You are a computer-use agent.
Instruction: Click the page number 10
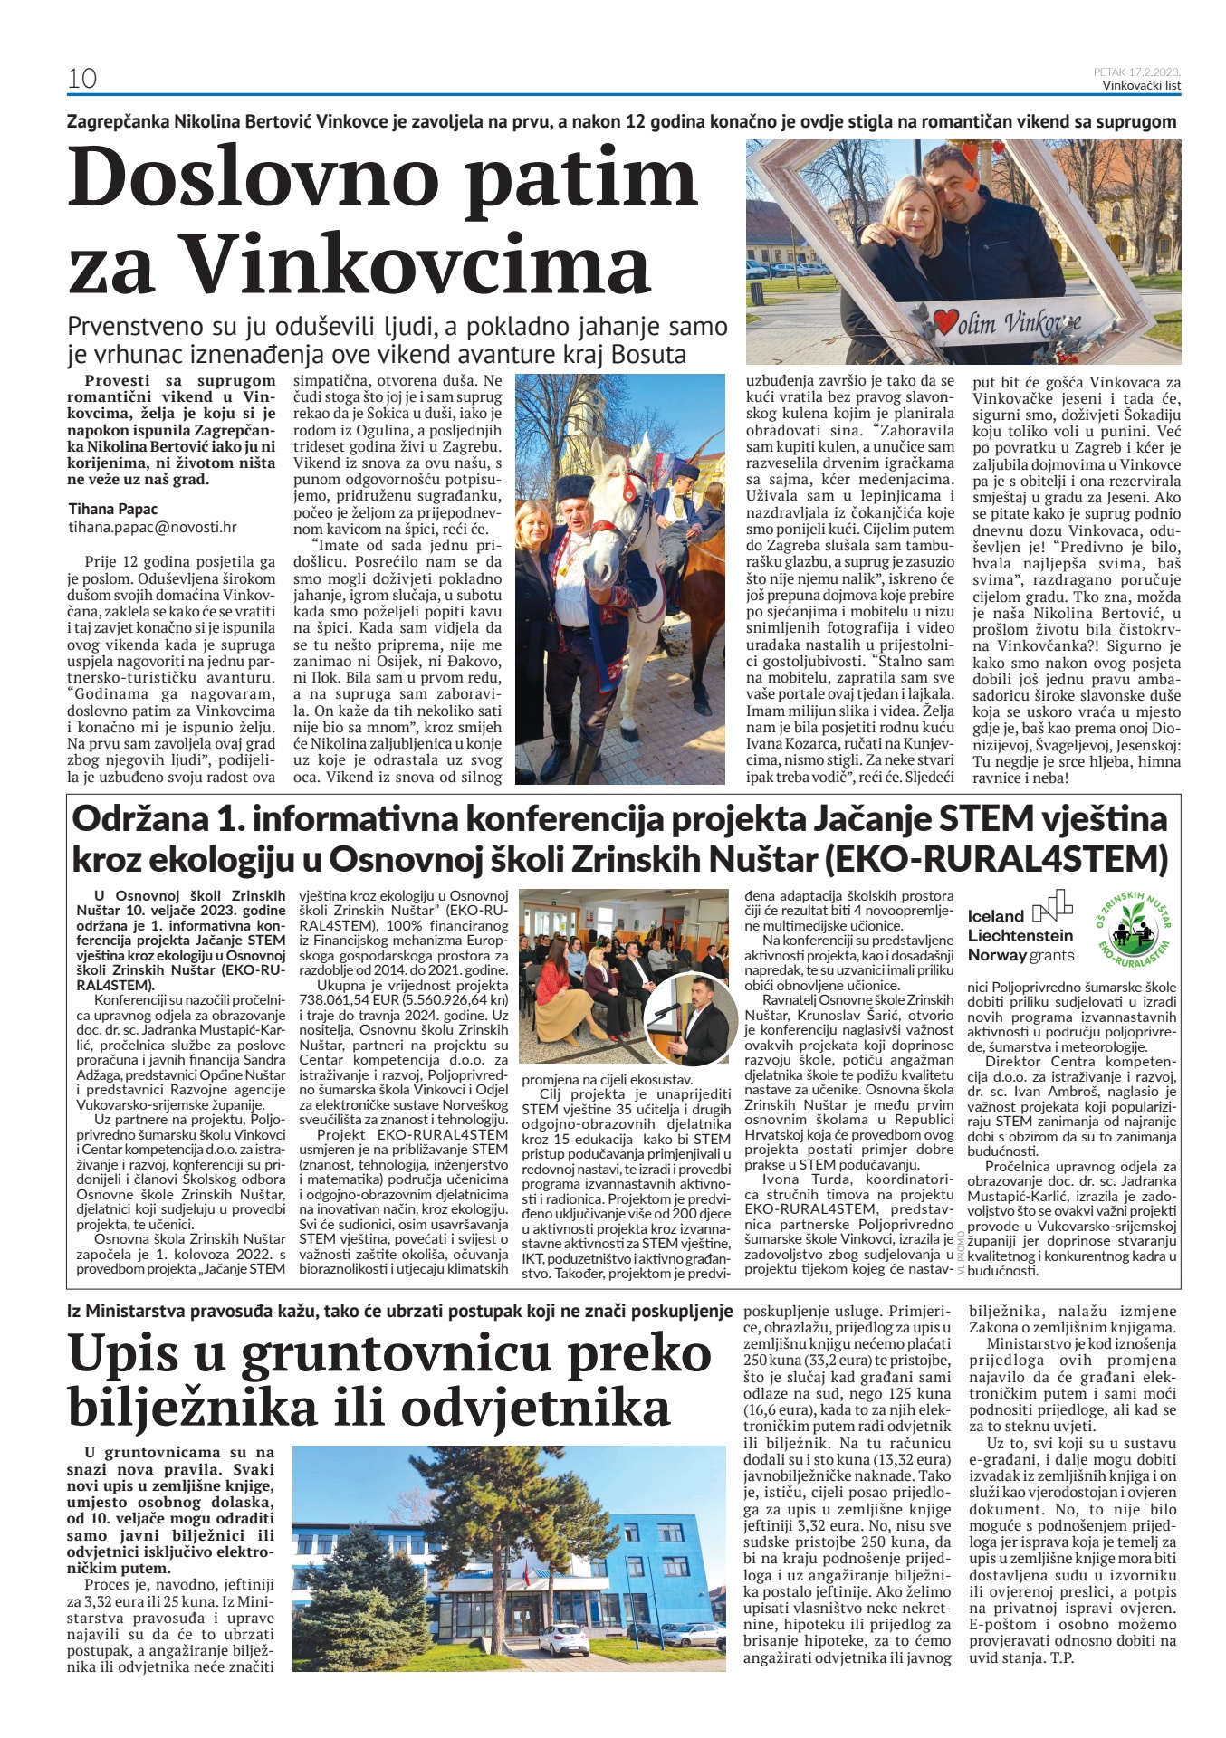[x=82, y=79]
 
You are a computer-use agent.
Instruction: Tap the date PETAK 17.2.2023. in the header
[x=1136, y=72]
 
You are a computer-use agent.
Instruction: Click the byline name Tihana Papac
[x=113, y=509]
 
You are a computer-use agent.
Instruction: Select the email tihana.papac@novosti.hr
[x=152, y=527]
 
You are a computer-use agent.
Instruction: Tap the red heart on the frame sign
[x=946, y=321]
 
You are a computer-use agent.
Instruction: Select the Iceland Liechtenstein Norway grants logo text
[x=1020, y=935]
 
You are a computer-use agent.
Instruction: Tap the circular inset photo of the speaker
[x=690, y=1018]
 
